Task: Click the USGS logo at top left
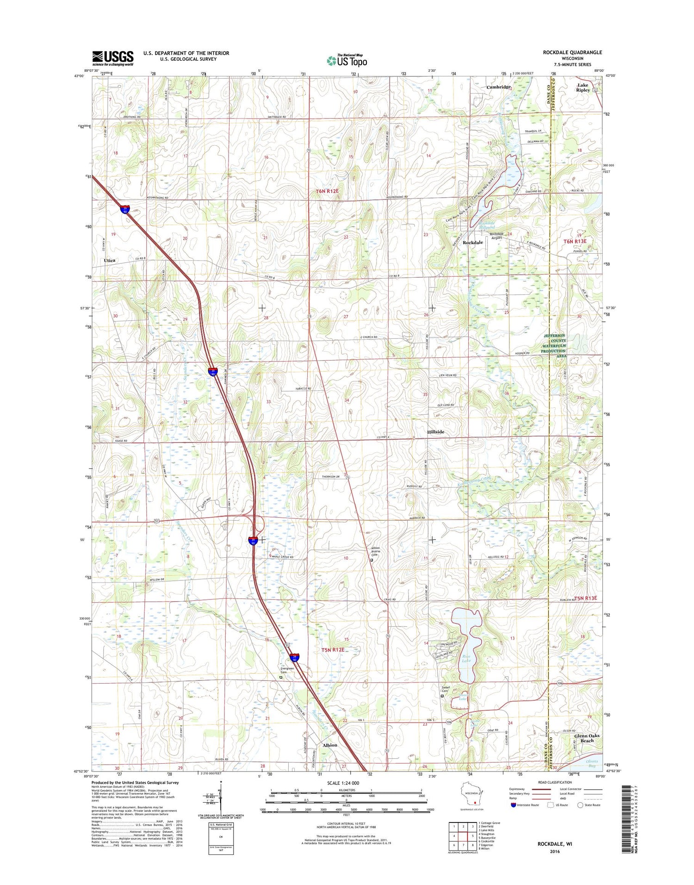pos(112,58)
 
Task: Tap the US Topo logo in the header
pos(347,60)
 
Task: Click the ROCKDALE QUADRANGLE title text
pos(572,53)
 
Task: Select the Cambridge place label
pos(498,87)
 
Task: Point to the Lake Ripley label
pos(582,87)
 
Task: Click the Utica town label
pos(109,261)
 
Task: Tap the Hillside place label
pos(435,432)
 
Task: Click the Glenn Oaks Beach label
pos(587,738)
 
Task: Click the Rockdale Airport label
pos(496,236)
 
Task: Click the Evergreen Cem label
pos(287,670)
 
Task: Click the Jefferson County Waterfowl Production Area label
pos(554,343)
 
